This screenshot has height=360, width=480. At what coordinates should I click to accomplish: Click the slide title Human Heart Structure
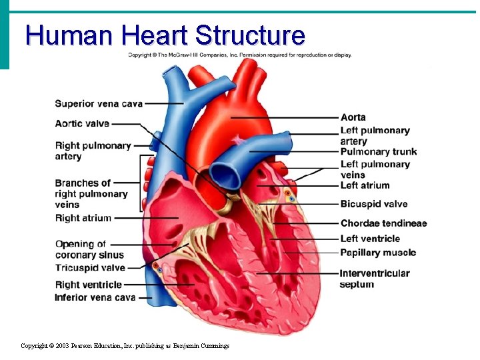pos(165,35)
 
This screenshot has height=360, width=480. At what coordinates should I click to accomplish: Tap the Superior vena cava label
pos(99,103)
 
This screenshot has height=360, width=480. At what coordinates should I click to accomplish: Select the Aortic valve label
pos(82,123)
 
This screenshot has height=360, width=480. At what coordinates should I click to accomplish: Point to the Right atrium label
pos(83,218)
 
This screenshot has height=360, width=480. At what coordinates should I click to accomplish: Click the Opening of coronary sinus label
pos(89,249)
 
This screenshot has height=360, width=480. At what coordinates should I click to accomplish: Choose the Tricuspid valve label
pos(90,268)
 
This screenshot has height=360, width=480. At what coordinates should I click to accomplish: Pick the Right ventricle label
pos(88,285)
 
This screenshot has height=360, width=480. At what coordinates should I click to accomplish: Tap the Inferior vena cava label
pos(95,297)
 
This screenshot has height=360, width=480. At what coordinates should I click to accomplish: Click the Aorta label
pos(353,117)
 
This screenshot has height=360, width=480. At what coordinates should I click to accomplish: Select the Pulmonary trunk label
pos(378,152)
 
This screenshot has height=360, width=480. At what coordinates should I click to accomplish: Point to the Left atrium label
pos(365,185)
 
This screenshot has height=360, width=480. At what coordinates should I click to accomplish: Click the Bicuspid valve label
pos(373,204)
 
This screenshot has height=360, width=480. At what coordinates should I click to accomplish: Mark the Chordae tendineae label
pos(383,223)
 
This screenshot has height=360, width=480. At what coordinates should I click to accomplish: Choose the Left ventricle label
pos(370,239)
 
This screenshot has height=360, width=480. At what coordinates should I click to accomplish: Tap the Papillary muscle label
pos(377,253)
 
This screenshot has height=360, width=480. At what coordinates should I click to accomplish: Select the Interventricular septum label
pos(374,279)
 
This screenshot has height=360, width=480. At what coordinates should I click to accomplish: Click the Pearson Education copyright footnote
pos(125,346)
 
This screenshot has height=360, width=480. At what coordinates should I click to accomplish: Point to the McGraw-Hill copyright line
pos(240,55)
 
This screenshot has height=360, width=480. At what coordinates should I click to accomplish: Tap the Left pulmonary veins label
pos(375,169)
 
